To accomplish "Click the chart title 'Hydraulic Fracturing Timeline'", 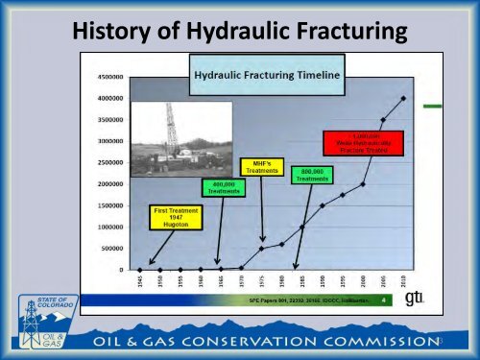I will click(x=252, y=75).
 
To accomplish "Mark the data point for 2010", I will click(x=402, y=98).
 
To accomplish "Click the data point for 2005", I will click(x=383, y=120).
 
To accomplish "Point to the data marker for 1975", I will click(x=262, y=249).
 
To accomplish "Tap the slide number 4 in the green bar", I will click(x=383, y=300).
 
